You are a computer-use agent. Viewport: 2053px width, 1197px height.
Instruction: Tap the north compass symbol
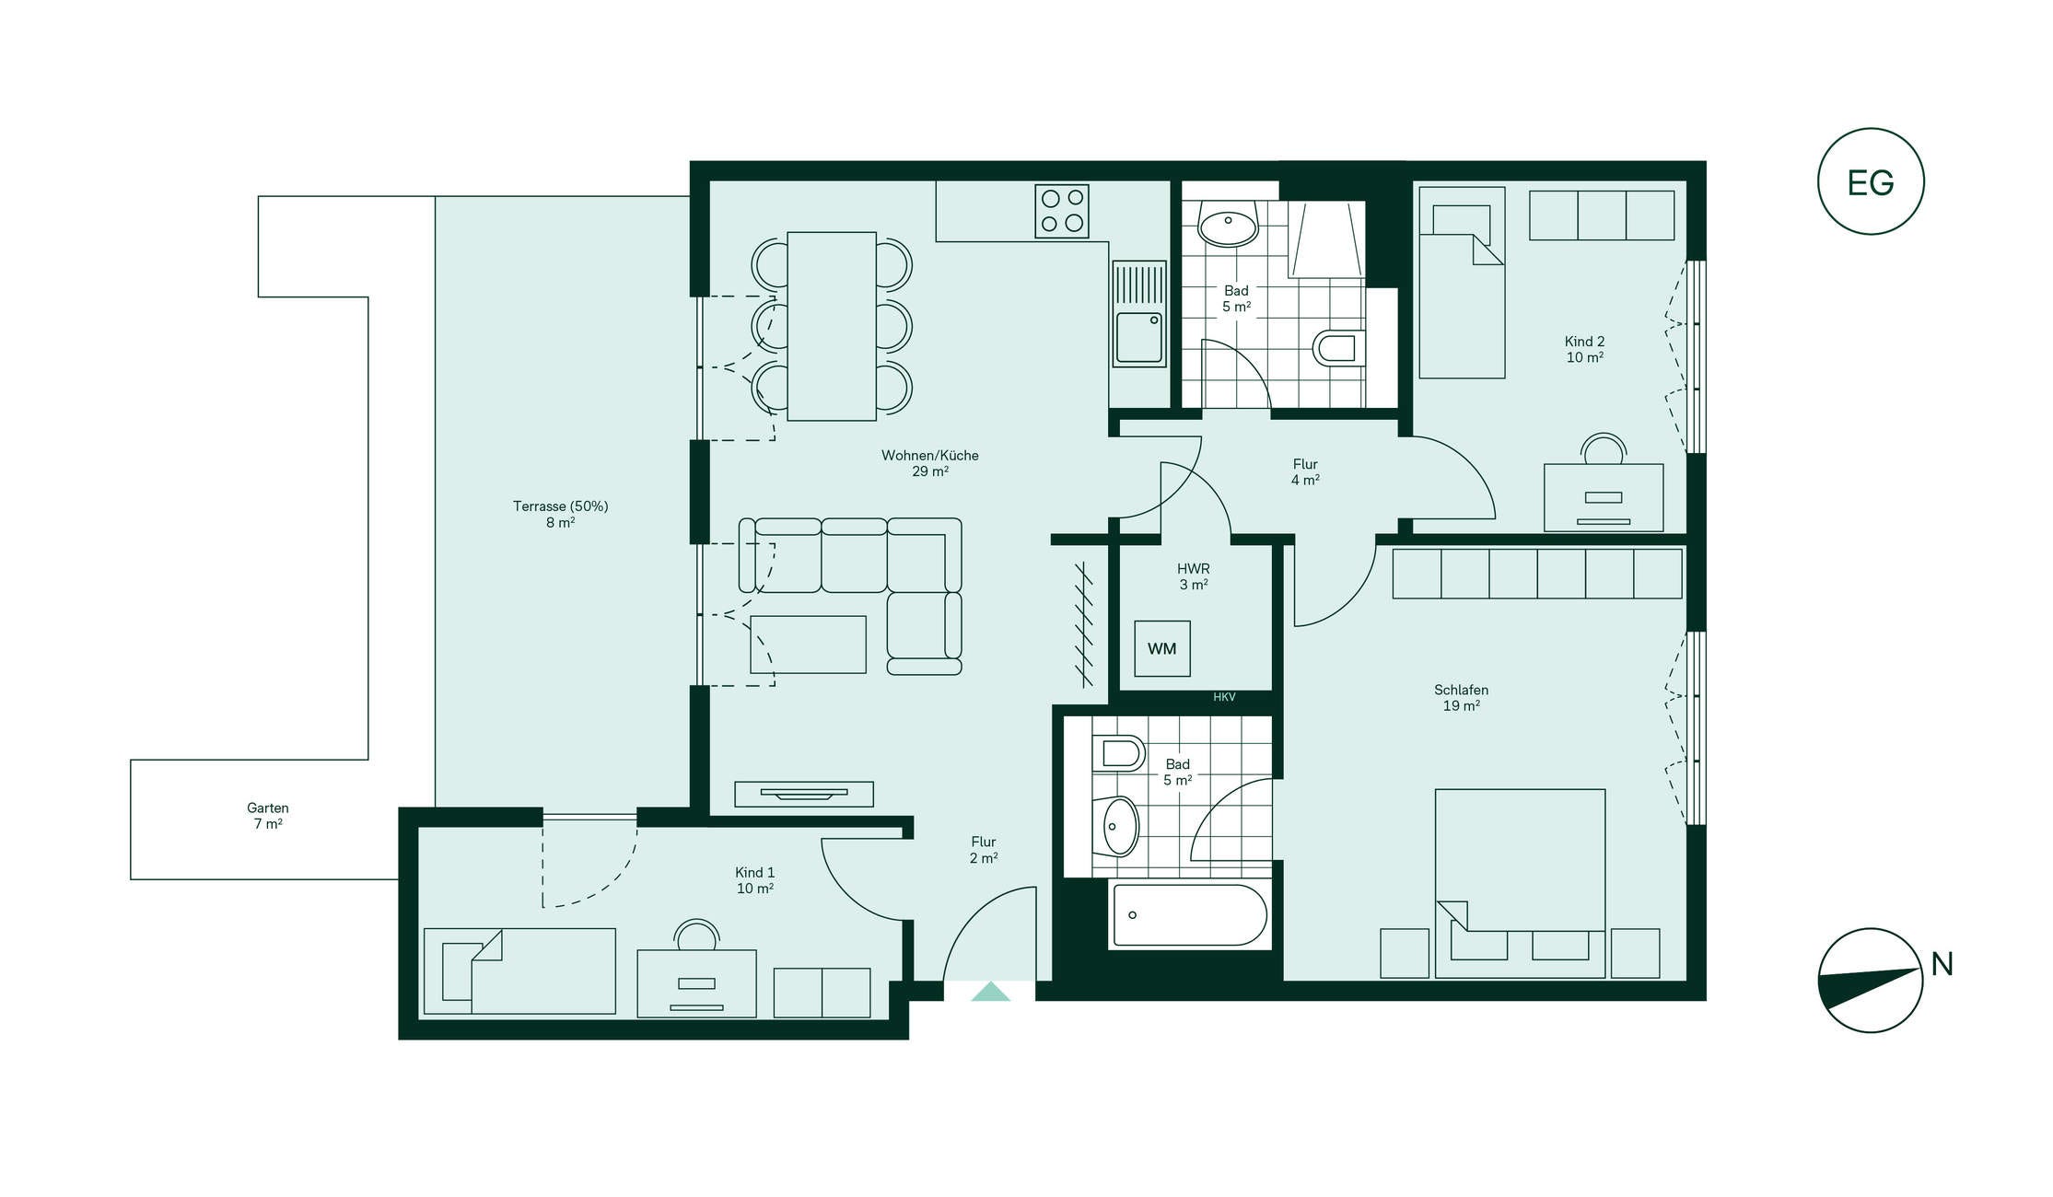(x=1871, y=980)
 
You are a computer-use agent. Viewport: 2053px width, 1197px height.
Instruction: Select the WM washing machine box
(x=1162, y=648)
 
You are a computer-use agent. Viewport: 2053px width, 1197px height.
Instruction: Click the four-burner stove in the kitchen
(x=1062, y=211)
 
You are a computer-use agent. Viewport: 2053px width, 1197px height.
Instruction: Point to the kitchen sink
(x=1139, y=314)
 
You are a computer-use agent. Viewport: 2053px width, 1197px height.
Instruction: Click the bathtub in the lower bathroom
(x=1190, y=915)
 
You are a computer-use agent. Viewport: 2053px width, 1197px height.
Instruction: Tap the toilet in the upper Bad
(x=1339, y=348)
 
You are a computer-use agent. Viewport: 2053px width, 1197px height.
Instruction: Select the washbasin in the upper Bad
(x=1228, y=224)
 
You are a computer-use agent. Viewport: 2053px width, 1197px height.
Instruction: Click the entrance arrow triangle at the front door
(x=990, y=991)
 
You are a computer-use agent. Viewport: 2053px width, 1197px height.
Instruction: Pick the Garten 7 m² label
(x=268, y=816)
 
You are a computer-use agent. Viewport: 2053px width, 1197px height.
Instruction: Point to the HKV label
(x=1224, y=697)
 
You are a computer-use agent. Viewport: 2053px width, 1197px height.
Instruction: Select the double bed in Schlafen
(x=1520, y=883)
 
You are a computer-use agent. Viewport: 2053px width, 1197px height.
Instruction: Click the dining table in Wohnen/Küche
(x=832, y=326)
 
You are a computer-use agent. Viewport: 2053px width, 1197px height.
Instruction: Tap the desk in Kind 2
(x=1604, y=497)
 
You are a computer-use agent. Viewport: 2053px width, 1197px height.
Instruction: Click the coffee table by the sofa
(x=809, y=645)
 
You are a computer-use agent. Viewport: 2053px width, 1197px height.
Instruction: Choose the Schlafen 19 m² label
(x=1462, y=698)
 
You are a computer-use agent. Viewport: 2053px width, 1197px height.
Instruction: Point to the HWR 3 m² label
(x=1194, y=576)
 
